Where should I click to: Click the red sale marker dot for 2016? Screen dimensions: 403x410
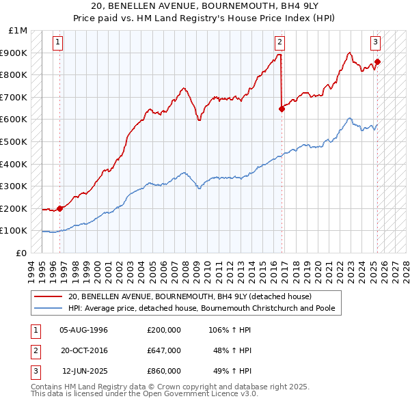(282, 108)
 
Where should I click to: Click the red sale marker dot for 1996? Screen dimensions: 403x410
(59, 208)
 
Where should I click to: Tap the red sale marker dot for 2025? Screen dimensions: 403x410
(378, 61)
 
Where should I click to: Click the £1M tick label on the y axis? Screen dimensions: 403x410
(18, 31)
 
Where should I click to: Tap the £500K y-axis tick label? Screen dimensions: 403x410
(14, 142)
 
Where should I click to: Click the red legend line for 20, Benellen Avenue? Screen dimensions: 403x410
(49, 296)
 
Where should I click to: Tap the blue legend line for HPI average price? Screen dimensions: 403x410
(49, 308)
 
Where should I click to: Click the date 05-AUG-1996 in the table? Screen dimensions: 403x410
(84, 330)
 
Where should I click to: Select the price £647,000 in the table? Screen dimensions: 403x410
(164, 350)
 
